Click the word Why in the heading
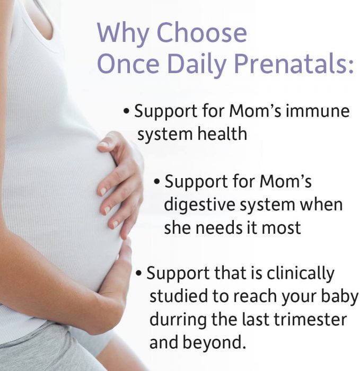(123, 33)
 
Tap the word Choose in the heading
(202, 32)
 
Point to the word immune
(318, 111)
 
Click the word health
(222, 134)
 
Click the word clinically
(301, 274)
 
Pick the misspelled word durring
(178, 320)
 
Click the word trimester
(310, 320)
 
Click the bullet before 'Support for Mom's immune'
(127, 111)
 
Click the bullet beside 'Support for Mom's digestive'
(157, 182)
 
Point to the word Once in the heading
(128, 64)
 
